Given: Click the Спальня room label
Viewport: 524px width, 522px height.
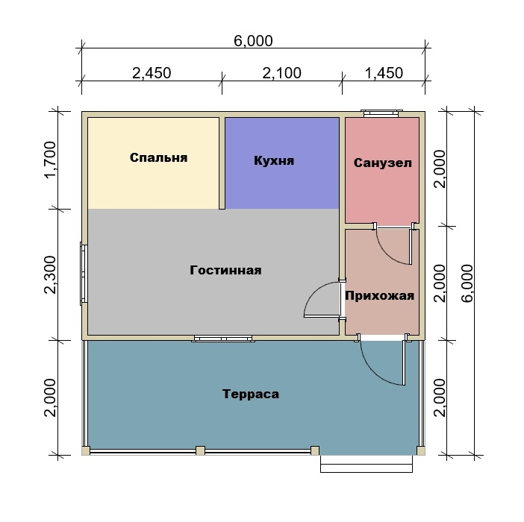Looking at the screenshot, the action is click(x=158, y=158).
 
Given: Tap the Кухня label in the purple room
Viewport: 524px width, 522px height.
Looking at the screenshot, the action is click(x=274, y=160).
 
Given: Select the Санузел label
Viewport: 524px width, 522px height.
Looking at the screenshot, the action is click(x=382, y=163).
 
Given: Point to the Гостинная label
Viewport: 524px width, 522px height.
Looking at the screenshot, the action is click(x=225, y=270).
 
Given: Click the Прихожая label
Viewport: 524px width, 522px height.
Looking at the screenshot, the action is click(x=380, y=296).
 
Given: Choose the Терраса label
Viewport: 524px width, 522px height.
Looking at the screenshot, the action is click(x=251, y=394).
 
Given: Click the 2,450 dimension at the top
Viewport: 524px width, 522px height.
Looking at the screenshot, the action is click(x=152, y=73).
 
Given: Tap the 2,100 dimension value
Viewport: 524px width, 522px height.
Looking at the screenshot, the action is click(x=281, y=73).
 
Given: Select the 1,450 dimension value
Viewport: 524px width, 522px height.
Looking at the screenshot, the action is click(x=384, y=73).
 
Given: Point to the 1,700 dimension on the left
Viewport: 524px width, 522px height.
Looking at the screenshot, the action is click(x=50, y=160).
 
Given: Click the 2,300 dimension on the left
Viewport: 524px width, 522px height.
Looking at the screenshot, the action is click(x=50, y=274).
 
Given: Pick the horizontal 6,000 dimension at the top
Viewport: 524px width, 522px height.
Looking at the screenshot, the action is click(x=253, y=41).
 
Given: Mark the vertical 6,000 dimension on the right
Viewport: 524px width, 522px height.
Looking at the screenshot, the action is click(x=467, y=283).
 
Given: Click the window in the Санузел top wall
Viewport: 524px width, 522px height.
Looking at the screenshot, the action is click(x=381, y=113).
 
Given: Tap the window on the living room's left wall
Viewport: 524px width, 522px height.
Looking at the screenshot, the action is click(x=84, y=274).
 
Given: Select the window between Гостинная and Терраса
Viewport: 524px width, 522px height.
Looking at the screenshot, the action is click(x=223, y=339).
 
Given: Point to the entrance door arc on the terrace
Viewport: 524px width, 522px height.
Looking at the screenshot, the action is click(x=371, y=371).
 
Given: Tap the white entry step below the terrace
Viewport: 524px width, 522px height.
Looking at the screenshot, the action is click(x=367, y=464).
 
